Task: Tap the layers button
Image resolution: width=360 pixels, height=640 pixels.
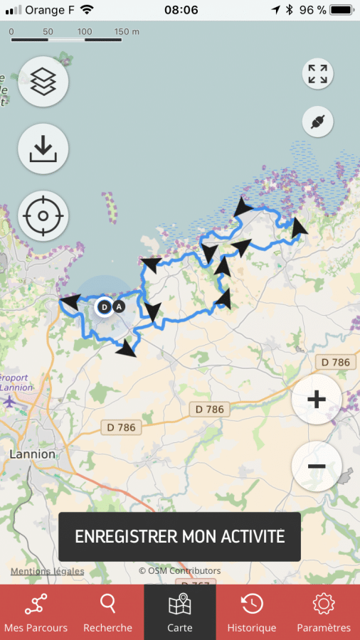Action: (43, 82)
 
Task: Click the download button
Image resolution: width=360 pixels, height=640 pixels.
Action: (43, 149)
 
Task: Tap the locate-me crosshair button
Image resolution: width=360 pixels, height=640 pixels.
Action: (43, 215)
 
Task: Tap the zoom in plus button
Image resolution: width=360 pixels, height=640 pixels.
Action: (317, 399)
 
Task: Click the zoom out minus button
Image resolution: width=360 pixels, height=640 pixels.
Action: (317, 466)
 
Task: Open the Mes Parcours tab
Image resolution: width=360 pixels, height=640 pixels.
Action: (36, 612)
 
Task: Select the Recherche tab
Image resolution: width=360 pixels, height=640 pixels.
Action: (108, 612)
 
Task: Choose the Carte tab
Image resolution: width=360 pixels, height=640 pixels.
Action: (180, 612)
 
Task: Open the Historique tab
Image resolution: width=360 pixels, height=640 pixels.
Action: (252, 612)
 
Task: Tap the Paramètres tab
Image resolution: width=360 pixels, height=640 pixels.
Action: (324, 612)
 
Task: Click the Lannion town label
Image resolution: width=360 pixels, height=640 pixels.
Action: (33, 454)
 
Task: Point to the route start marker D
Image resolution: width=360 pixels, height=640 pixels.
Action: (104, 307)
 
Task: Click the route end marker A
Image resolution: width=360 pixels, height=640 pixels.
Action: (119, 307)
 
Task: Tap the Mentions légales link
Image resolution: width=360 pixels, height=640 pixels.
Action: (47, 571)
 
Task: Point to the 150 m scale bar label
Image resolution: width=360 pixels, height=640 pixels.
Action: (127, 32)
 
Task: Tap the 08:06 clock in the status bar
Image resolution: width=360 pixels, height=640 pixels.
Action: (181, 10)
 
